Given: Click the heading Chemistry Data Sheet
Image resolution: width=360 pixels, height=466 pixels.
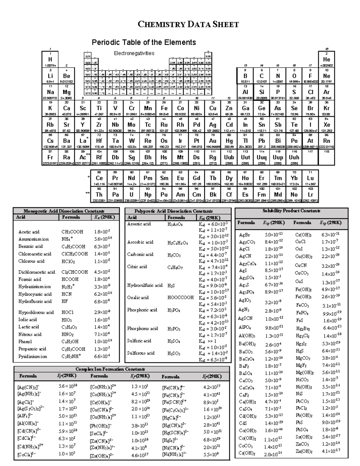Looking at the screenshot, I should coord(188,24).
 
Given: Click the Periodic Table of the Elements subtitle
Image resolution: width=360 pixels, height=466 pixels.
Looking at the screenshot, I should coord(144,42).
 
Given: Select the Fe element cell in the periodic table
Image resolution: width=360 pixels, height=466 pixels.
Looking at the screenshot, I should coord(164,108).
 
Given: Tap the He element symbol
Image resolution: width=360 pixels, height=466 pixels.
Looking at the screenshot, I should coord(326,60).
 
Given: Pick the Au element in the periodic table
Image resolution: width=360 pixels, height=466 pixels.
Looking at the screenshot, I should coord(213,141).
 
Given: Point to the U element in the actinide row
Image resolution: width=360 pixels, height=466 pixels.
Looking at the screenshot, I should coord(131,194).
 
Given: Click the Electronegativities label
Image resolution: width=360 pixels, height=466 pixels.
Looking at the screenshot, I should coord(134,53).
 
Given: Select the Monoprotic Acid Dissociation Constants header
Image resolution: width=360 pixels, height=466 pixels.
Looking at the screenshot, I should coord(64,211).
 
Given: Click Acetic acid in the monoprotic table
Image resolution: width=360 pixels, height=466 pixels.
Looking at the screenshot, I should coord(29,232).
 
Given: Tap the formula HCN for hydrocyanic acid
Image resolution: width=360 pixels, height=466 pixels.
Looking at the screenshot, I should coord(66,294).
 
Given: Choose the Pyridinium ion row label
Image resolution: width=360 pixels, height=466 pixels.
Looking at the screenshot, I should coord(32,356).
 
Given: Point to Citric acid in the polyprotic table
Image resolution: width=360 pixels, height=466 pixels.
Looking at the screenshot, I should coord(137,266).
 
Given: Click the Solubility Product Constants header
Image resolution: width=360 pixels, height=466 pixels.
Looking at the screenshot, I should coord(291,211).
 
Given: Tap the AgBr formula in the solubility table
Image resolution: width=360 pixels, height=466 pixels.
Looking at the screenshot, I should coord(244,235).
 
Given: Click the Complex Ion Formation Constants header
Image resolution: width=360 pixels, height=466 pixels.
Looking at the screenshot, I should coord(110,369).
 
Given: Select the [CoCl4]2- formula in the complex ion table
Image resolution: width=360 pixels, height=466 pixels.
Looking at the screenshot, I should coord(27,455).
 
